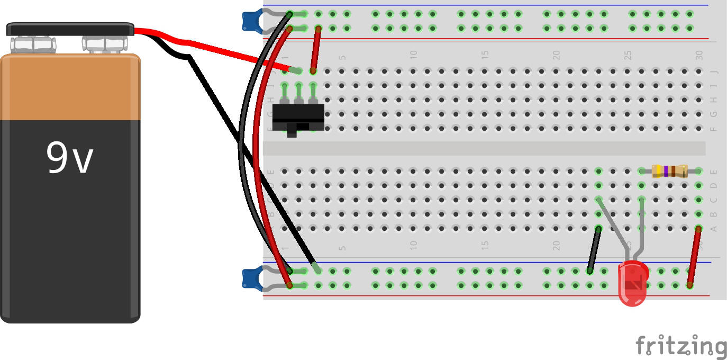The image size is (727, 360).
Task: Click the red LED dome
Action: coord(633,283)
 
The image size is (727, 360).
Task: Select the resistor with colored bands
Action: coord(669,171)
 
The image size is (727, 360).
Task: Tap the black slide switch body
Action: coord(297,116)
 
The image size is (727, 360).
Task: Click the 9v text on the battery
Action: coord(69,158)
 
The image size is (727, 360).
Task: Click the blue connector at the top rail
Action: coord(249,20)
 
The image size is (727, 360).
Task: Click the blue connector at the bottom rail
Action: coord(249,278)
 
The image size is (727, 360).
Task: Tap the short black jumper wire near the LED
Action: coord(594,250)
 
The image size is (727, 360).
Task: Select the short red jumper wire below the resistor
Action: coord(694,257)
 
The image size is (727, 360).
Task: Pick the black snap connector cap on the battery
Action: coord(70,29)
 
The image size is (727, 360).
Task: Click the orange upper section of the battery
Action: coord(70,87)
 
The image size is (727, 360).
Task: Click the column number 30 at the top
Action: coord(699,55)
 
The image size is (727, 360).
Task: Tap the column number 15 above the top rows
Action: coord(485,55)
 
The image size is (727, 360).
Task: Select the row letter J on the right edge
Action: coord(713,71)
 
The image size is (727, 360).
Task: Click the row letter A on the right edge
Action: coord(713,229)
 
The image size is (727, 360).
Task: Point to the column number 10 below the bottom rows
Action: coord(414,245)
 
